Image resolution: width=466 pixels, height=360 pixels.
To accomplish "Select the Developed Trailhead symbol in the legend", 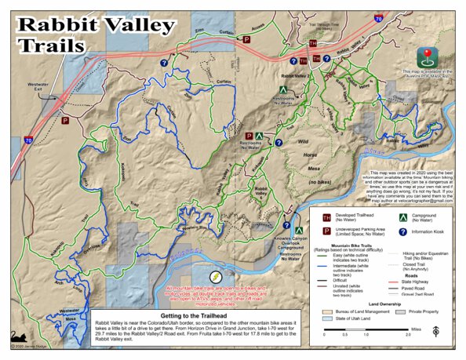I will pos(316,213).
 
